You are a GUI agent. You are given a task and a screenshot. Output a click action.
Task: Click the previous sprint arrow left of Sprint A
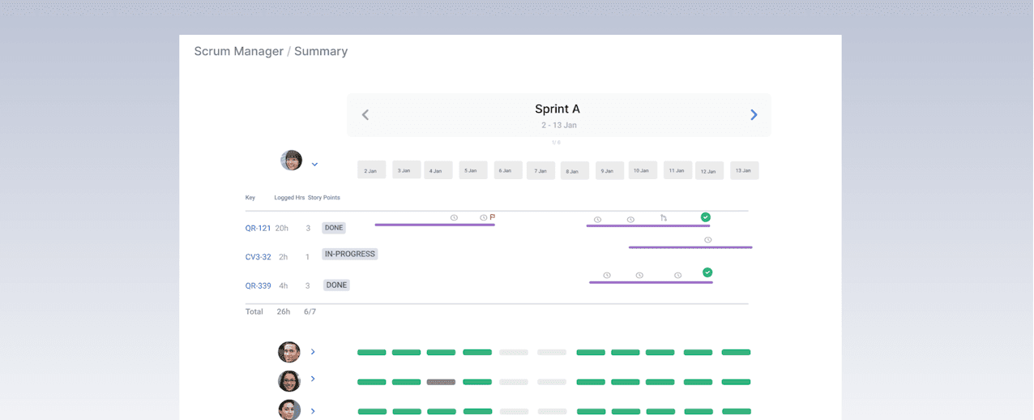tap(365, 115)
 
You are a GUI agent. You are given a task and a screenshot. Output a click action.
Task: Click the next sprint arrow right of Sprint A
tap(754, 115)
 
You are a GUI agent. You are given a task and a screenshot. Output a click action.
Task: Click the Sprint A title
tap(558, 109)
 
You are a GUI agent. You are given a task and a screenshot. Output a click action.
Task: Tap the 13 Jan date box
tap(744, 170)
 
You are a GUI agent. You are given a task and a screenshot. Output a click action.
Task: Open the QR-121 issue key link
tap(258, 229)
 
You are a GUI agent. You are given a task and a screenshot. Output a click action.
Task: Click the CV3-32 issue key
tap(258, 257)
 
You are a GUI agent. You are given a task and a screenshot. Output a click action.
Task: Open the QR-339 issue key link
tap(258, 285)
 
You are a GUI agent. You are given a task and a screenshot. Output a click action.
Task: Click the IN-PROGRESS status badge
tap(350, 254)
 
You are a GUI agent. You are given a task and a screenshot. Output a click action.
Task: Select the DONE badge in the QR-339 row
tap(336, 285)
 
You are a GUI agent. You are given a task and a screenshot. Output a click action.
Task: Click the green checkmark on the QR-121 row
tap(706, 217)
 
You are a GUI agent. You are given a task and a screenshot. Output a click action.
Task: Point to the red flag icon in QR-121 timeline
tap(493, 217)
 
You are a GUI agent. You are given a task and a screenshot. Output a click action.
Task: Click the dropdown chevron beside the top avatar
tap(314, 165)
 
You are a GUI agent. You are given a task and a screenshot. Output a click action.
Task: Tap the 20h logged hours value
tap(281, 229)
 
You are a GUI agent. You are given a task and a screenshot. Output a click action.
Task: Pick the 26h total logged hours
tap(283, 311)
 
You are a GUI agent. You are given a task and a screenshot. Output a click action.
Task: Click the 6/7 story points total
tap(310, 311)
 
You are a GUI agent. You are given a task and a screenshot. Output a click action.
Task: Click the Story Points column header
tap(323, 198)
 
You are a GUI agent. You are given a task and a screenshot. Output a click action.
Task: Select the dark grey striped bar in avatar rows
tap(441, 382)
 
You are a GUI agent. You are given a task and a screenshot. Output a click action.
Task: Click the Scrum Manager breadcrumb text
tap(238, 51)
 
